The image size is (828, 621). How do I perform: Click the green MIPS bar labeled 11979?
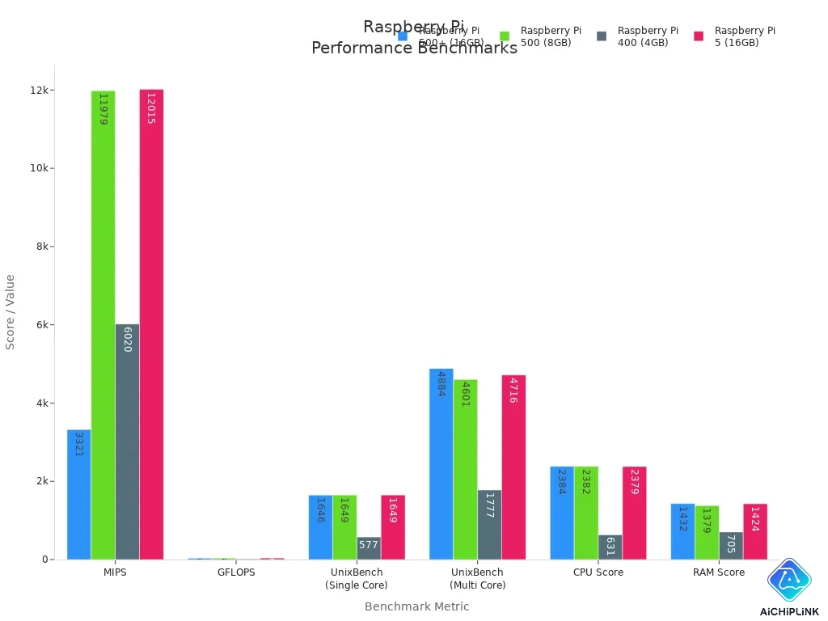(103, 323)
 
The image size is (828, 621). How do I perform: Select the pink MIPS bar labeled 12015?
(151, 323)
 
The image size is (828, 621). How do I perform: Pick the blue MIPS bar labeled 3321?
(78, 493)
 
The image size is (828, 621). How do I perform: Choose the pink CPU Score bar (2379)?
(635, 513)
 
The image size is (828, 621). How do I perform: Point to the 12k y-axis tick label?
(39, 91)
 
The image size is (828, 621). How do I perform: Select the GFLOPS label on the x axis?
(236, 572)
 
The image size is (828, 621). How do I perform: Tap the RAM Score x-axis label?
(719, 572)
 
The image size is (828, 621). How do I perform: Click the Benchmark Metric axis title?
(416, 606)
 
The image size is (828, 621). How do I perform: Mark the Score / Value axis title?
(11, 311)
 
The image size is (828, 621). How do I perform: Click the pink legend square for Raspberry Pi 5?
(699, 36)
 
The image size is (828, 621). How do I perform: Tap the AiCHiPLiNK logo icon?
(788, 579)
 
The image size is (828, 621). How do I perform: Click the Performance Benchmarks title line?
(414, 49)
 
